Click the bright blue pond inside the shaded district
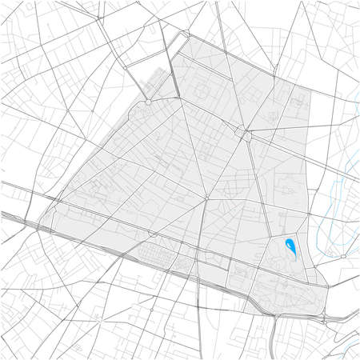pos(291,249)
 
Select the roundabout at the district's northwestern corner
pos(149,102)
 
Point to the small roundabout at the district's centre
pos(206,197)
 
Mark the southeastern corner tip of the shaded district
pos(324,315)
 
